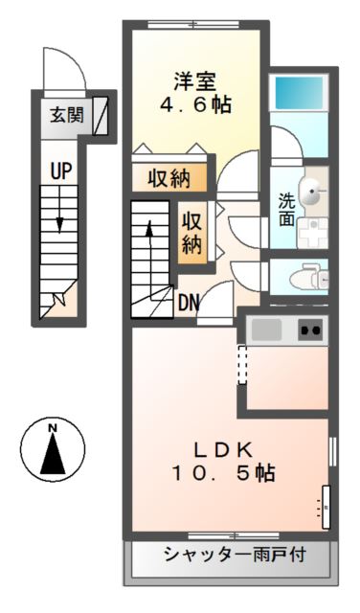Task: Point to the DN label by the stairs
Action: pyautogui.click(x=189, y=304)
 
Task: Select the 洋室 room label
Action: pyautogui.click(x=196, y=79)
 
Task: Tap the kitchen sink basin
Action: pyautogui.click(x=267, y=330)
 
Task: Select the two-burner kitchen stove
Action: pyautogui.click(x=310, y=330)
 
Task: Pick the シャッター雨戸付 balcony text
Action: pyautogui.click(x=232, y=553)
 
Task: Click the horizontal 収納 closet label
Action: pyautogui.click(x=169, y=178)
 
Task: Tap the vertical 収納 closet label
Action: pyautogui.click(x=191, y=233)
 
